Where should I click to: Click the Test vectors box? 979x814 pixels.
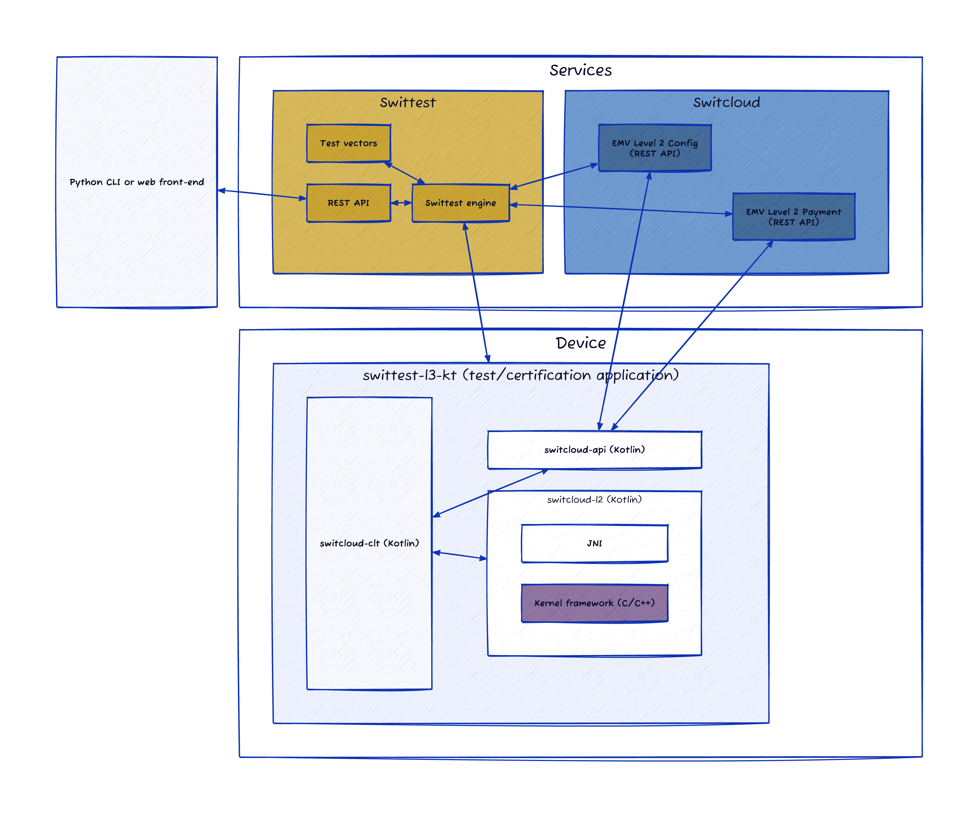click(x=348, y=143)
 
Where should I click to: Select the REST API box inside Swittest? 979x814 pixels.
click(x=348, y=203)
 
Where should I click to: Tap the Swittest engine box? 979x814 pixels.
click(x=460, y=203)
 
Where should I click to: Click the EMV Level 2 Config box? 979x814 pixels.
click(x=655, y=148)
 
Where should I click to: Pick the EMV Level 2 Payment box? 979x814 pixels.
click(x=794, y=217)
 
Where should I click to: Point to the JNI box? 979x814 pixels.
click(x=594, y=543)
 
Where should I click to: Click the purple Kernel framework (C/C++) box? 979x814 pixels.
click(x=594, y=603)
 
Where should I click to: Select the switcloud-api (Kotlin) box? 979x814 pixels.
click(x=594, y=450)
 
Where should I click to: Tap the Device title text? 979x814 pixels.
click(x=581, y=343)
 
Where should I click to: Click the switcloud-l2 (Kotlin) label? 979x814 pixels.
click(x=594, y=500)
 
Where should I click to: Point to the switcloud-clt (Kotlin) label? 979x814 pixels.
click(x=369, y=543)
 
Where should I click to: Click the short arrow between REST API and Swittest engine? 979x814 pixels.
click(x=401, y=203)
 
